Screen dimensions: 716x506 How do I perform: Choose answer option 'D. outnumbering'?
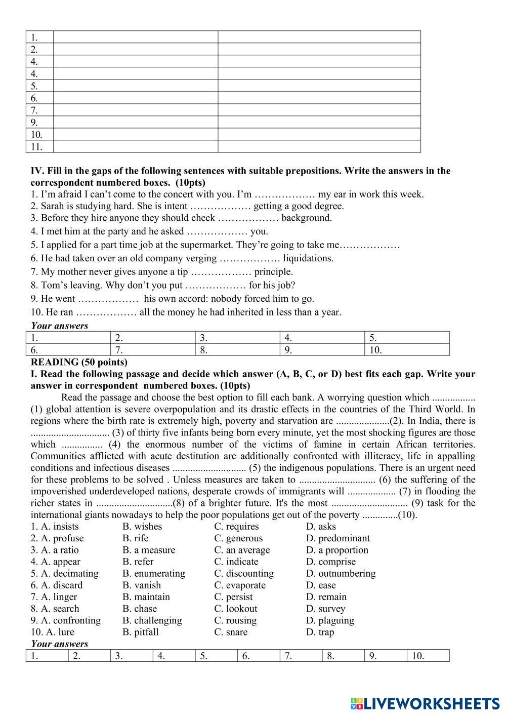pos(341,573)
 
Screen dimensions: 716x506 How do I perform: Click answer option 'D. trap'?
pos(320,632)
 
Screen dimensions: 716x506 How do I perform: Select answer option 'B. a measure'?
pos(148,550)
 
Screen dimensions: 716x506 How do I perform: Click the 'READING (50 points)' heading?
pos(79,362)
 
